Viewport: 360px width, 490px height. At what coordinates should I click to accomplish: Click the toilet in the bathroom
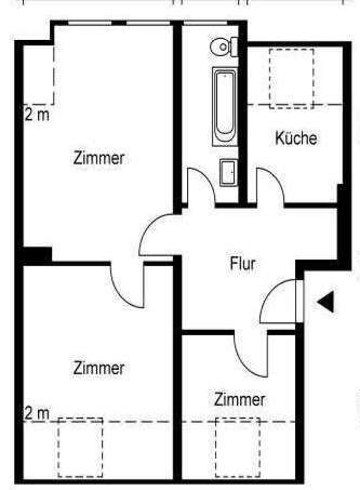(x=222, y=47)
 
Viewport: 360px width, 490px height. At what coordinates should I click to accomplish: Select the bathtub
(x=224, y=105)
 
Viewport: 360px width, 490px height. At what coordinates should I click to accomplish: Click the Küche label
(x=296, y=138)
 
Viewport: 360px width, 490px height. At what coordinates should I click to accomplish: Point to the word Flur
(x=242, y=263)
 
